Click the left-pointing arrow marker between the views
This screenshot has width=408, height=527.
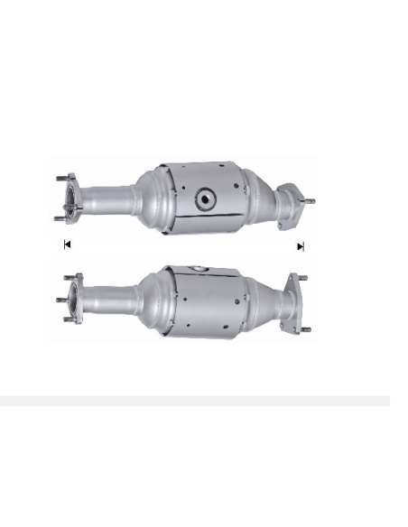coord(67,244)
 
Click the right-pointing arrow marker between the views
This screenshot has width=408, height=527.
coord(301,245)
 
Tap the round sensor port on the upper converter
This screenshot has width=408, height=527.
coord(206,199)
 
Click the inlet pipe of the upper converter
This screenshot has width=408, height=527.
coord(109,197)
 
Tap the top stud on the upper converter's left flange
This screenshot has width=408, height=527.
coord(60,177)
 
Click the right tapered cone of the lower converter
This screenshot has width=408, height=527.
coord(264,300)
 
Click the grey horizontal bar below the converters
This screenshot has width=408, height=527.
coord(195,401)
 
